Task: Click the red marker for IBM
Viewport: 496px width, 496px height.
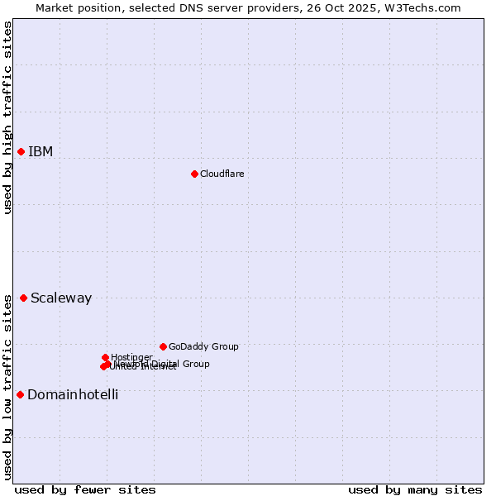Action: pos(21,151)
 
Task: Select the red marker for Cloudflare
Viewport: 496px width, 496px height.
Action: pos(194,174)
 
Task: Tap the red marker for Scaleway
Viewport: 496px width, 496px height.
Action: pos(23,298)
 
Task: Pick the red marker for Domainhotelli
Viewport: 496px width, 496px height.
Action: pos(20,394)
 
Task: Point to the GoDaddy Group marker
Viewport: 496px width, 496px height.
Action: pos(163,346)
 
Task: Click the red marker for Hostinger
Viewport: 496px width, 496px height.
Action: pos(105,357)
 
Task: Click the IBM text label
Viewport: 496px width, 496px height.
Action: pos(41,151)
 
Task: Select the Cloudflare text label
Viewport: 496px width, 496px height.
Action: pos(222,174)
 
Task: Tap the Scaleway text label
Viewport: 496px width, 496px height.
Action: pos(61,298)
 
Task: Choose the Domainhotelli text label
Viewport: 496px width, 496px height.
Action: pos(73,394)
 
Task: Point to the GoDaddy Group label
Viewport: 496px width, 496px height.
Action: pos(203,346)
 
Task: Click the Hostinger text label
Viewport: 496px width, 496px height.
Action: pos(131,357)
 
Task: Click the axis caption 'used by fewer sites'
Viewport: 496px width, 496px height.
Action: pos(85,489)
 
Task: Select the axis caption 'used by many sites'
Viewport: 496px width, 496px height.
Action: pos(414,489)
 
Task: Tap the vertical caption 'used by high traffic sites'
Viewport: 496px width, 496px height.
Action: pos(7,117)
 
